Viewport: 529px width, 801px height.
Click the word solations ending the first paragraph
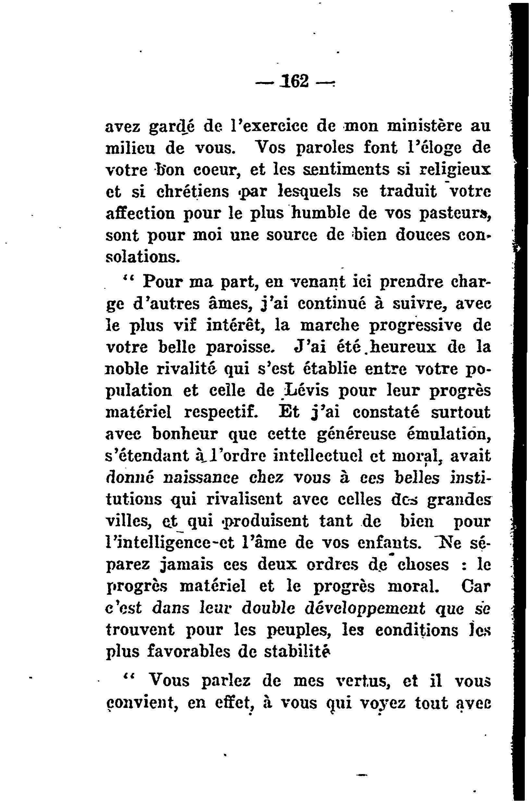click(143, 257)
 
